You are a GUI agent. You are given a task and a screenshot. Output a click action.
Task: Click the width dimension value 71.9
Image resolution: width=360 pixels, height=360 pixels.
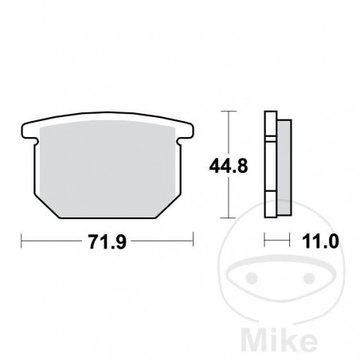[107, 237]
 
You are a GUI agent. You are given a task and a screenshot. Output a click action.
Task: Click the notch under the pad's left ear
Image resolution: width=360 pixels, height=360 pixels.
[34, 143]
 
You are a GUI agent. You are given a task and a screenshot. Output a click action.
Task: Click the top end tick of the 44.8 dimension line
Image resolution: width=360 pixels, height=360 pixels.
[230, 111]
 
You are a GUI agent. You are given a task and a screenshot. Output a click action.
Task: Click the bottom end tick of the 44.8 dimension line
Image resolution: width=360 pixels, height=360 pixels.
[230, 218]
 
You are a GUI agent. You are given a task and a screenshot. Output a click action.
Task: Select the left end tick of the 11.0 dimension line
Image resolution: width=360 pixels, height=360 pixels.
[265, 238]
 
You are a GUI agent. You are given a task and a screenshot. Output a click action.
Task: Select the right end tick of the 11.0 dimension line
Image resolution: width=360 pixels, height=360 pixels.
[286, 238]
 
